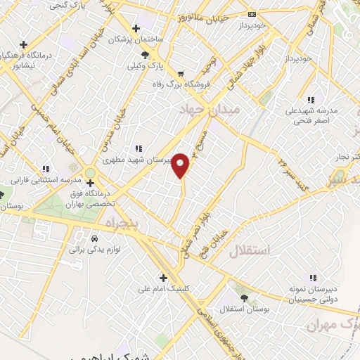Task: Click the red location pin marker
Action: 181,165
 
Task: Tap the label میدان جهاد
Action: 210,109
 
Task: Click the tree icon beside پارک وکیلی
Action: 145,55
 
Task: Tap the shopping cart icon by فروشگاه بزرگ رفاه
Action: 181,73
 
